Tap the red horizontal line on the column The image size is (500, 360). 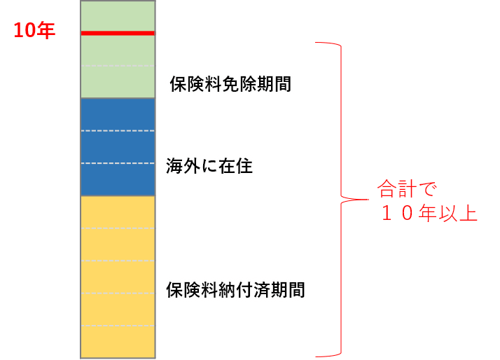[x=117, y=33]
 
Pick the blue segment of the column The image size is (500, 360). [x=117, y=147]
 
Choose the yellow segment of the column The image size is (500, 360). [x=117, y=277]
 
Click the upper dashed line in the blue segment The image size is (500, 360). [x=117, y=131]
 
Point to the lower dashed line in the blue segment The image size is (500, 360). [x=117, y=163]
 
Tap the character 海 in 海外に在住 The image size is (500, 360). [x=174, y=166]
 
